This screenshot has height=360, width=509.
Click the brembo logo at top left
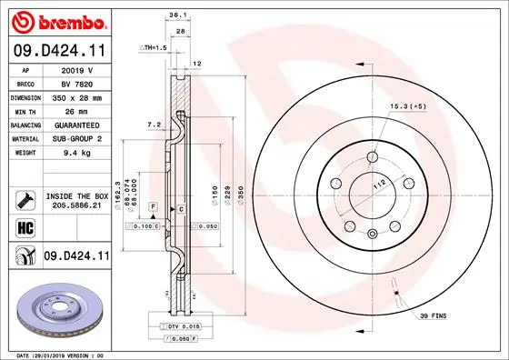[x=56, y=21]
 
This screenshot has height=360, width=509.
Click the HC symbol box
[x=25, y=226]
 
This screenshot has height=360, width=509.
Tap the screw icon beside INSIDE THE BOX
[x=25, y=199]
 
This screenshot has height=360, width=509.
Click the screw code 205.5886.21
[x=76, y=205]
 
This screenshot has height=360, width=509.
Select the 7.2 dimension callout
[x=154, y=123]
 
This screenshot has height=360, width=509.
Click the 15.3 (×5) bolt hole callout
[x=408, y=107]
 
